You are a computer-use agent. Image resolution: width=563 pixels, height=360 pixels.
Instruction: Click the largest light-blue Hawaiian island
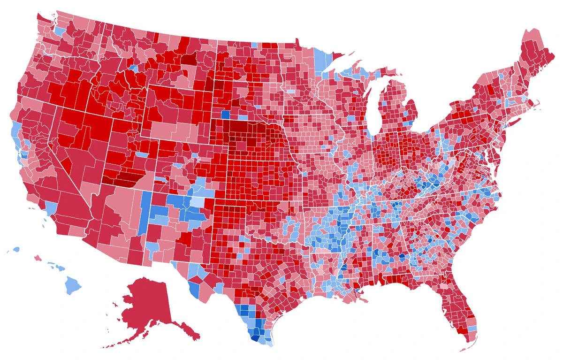pos(73,284)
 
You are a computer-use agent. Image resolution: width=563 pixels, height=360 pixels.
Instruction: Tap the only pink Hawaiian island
pos(38,258)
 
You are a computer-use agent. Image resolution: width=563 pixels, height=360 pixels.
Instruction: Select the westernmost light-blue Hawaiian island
pos(17,250)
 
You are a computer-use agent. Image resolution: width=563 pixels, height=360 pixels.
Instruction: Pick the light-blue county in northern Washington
pos(60,31)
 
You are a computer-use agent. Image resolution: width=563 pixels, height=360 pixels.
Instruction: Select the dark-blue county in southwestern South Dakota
pos(225,114)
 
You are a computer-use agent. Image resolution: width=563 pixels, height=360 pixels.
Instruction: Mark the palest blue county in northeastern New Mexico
pos(199,202)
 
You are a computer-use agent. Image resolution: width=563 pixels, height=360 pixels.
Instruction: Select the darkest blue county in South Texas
pos(255,337)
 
